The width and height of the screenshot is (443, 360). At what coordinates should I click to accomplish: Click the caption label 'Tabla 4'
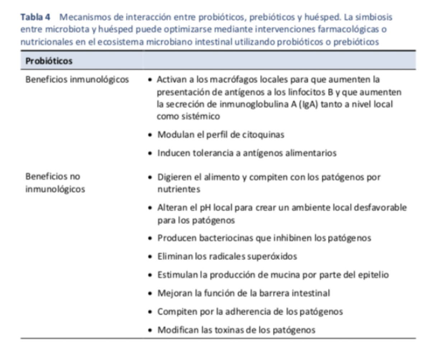point(35,17)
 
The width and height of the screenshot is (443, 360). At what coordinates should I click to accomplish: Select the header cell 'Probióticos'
point(49,61)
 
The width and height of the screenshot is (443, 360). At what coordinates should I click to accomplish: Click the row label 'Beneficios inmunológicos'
point(77,79)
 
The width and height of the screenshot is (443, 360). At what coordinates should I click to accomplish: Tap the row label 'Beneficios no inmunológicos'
point(55,183)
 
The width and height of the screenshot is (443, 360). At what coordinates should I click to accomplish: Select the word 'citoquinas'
point(263,135)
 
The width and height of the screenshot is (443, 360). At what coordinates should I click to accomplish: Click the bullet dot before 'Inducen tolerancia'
point(150,153)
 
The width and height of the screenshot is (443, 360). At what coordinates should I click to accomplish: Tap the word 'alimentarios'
point(311,153)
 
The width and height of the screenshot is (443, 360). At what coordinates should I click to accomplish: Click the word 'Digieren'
point(174,177)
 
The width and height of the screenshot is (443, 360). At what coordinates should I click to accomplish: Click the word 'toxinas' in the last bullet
point(230,330)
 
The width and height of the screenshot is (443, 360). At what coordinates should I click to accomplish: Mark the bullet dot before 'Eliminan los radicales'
point(150,257)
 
